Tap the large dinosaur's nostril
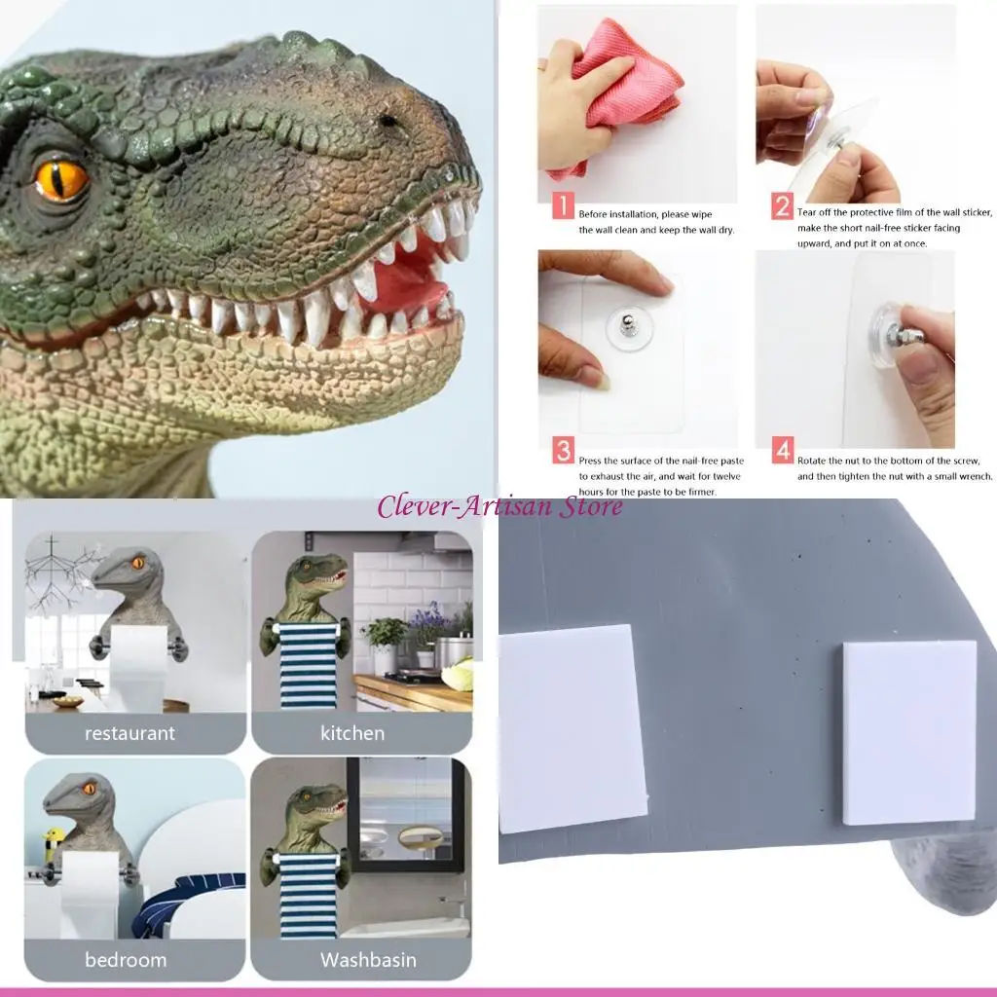click(388, 121)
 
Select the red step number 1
click(564, 206)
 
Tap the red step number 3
click(564, 451)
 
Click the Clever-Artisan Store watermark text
click(499, 506)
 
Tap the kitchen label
click(352, 733)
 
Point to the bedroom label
click(126, 960)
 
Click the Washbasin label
click(368, 960)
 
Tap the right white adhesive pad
click(907, 732)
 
